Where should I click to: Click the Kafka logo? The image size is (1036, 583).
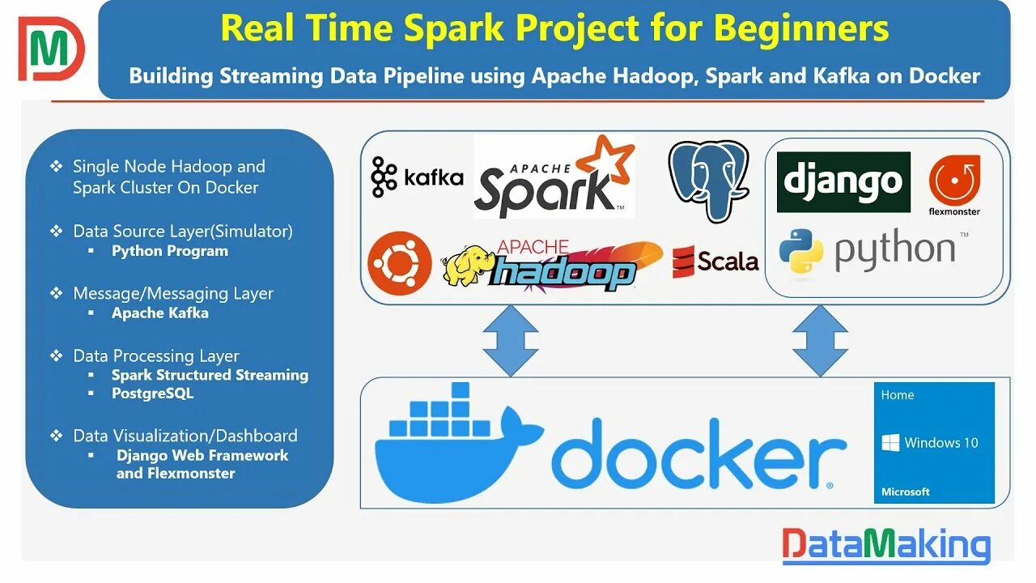[x=417, y=177]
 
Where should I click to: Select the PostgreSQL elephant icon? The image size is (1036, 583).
[x=708, y=180]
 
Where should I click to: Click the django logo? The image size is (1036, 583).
[x=843, y=182]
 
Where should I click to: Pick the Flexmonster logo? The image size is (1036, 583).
[x=954, y=185]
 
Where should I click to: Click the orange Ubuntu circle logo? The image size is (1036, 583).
[x=400, y=262]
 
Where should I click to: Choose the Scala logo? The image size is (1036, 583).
[x=715, y=261]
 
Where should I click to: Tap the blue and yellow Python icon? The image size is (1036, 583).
[x=800, y=250]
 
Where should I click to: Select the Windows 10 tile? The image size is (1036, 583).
[x=934, y=443]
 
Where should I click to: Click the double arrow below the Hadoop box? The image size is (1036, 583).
[x=510, y=340]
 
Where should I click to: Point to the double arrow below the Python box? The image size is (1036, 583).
[x=819, y=340]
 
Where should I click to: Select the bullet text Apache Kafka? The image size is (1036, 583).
[x=159, y=313]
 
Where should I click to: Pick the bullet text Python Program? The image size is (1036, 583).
[x=170, y=251]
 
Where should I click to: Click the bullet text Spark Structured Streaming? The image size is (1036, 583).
[x=210, y=375]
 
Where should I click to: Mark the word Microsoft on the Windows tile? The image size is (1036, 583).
[x=906, y=492]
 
